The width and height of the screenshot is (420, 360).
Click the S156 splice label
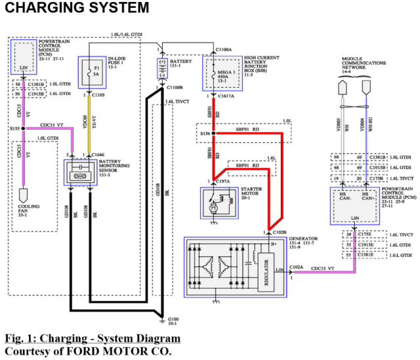click(x=204, y=134)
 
